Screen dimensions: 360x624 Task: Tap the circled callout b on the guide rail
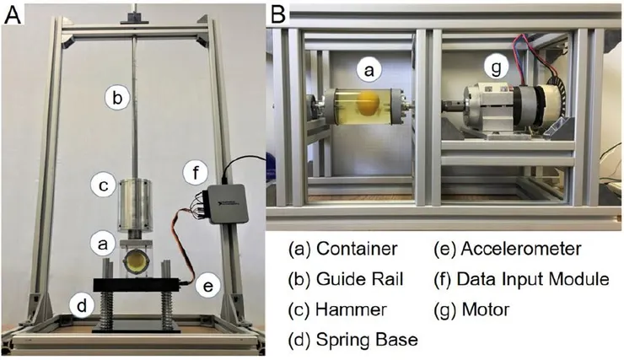(118, 98)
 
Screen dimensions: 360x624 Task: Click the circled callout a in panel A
(102, 244)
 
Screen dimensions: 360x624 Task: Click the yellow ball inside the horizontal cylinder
(368, 105)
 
